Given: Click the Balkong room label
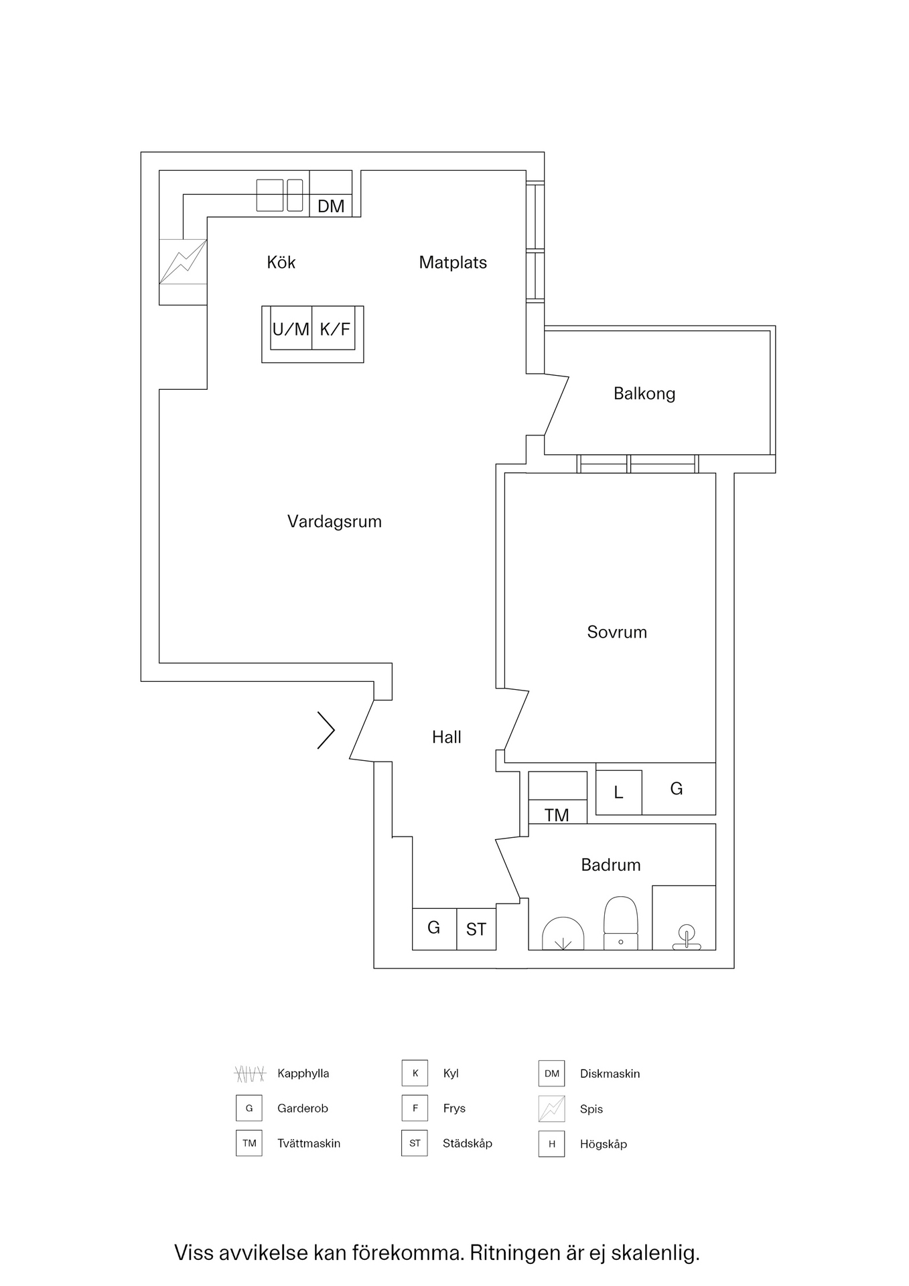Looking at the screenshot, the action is (x=644, y=394).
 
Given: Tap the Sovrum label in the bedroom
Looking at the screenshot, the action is (x=617, y=632).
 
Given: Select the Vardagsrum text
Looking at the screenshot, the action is (x=334, y=522).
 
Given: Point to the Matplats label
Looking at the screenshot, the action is (x=453, y=263).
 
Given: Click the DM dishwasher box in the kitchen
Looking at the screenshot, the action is (x=331, y=194).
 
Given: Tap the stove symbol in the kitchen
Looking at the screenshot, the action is (x=183, y=261).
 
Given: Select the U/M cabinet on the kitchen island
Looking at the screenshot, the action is (x=291, y=328).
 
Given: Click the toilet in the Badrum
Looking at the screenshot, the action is (x=621, y=924).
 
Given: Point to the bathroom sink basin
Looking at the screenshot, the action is (x=563, y=934).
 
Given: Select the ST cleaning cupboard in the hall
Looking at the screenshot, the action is (x=476, y=929).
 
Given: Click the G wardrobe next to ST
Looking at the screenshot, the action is (x=434, y=929).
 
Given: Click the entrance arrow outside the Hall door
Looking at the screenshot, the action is (x=326, y=729).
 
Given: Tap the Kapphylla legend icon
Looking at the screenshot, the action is (x=249, y=1074).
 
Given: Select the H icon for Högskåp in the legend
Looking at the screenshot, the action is (x=551, y=1144).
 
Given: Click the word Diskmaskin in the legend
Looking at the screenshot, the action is (x=610, y=1074).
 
